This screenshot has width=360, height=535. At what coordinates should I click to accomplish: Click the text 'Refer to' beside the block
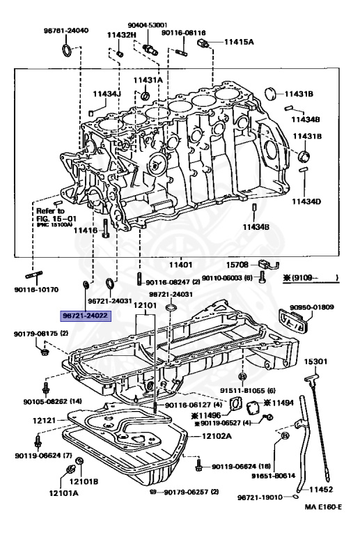pos(50,210)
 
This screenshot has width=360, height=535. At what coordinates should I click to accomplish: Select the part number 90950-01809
pos(312,306)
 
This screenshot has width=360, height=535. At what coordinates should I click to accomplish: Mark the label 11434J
pos(107,93)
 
